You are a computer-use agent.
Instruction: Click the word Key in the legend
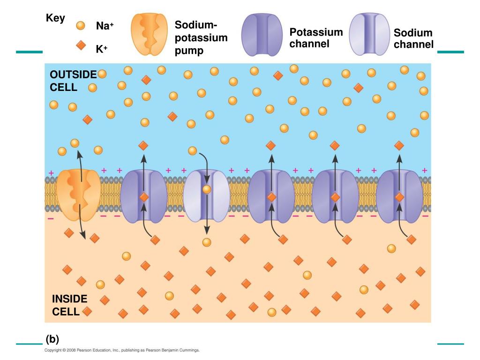(55, 18)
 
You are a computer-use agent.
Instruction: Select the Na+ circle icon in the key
(81, 25)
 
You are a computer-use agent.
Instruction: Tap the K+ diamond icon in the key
(81, 45)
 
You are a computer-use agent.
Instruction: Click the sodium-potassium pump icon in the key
(149, 34)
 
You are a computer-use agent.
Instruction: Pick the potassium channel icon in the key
(261, 34)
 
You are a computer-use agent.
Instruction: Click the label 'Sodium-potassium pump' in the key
(201, 37)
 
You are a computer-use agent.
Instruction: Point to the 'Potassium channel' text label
(315, 38)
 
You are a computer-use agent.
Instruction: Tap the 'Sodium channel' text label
(413, 39)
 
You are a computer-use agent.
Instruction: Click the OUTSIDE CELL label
(73, 81)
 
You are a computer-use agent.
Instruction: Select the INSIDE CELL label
(69, 305)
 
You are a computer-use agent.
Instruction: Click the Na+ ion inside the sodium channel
(206, 189)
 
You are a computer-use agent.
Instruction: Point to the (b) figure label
(52, 339)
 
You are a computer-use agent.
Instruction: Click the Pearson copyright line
(122, 350)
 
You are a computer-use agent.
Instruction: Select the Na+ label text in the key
(105, 26)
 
